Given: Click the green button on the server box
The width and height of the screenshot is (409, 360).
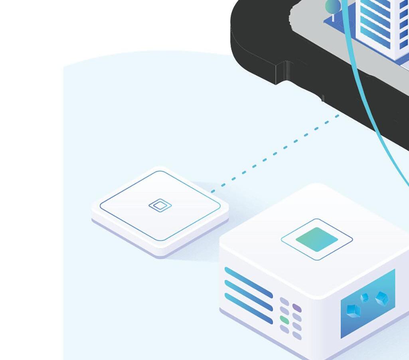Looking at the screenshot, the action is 285,320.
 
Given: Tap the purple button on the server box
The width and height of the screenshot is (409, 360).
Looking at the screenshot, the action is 296,308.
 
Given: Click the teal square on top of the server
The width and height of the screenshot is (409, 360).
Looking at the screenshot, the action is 317,239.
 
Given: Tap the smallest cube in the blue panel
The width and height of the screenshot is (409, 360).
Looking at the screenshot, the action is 364,298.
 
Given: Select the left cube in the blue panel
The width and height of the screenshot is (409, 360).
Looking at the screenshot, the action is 353,311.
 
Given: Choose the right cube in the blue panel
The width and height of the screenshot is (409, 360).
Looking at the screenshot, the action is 382,298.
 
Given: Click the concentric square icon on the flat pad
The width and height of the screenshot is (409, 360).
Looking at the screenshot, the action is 160,206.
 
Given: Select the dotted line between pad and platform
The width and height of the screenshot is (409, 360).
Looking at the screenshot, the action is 275,153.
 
